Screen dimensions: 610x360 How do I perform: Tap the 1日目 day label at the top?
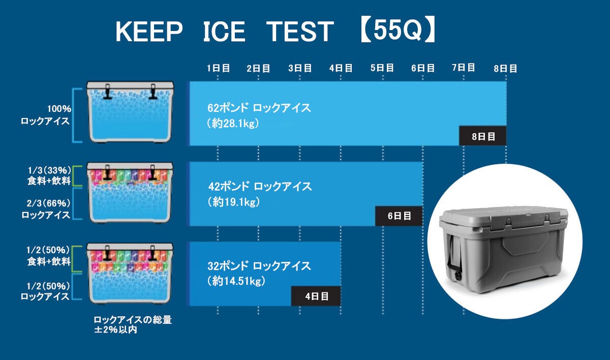(x=218, y=68)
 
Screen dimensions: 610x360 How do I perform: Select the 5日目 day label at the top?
(x=382, y=68)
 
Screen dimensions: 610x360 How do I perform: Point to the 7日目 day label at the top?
(x=464, y=68)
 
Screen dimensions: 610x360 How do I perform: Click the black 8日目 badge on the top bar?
(x=483, y=136)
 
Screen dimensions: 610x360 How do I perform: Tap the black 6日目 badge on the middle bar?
(x=399, y=216)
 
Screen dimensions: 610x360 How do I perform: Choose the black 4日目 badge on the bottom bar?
(x=316, y=296)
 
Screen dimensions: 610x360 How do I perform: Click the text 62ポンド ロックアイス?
(x=259, y=108)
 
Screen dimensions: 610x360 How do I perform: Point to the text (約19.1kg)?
(x=234, y=202)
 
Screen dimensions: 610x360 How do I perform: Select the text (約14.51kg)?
(x=236, y=281)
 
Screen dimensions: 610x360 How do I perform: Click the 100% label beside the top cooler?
(x=59, y=109)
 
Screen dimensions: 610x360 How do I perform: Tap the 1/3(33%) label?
(x=49, y=170)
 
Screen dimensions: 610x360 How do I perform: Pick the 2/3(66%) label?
(x=48, y=203)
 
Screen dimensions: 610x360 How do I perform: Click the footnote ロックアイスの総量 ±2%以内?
(x=133, y=324)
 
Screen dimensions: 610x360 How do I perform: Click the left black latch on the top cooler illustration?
(x=107, y=92)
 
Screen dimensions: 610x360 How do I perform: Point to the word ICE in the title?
(x=224, y=32)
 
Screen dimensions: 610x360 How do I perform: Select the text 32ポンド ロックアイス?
(x=259, y=266)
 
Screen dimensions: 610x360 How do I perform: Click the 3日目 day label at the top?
(x=300, y=68)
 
